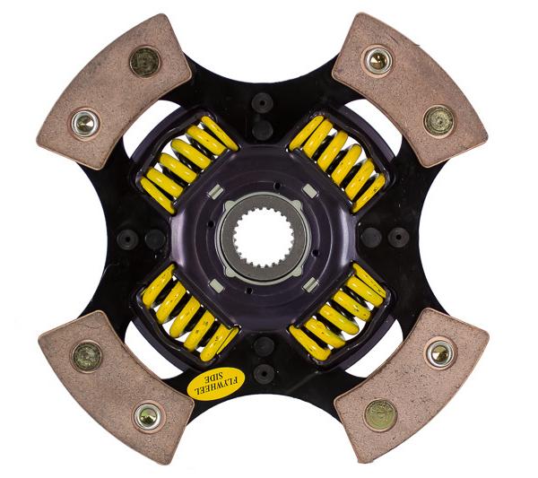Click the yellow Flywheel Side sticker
pyautogui.click(x=216, y=383)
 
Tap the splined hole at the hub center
pyautogui.click(x=265, y=239)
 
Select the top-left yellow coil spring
pyautogui.click(x=187, y=164)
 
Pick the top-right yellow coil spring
pyautogui.click(x=338, y=163)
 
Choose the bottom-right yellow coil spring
pyautogui.click(x=338, y=311)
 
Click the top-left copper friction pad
pyautogui.click(x=114, y=91)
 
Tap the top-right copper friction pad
pyautogui.click(x=410, y=90)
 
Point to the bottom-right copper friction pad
pyautogui.click(x=412, y=385)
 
